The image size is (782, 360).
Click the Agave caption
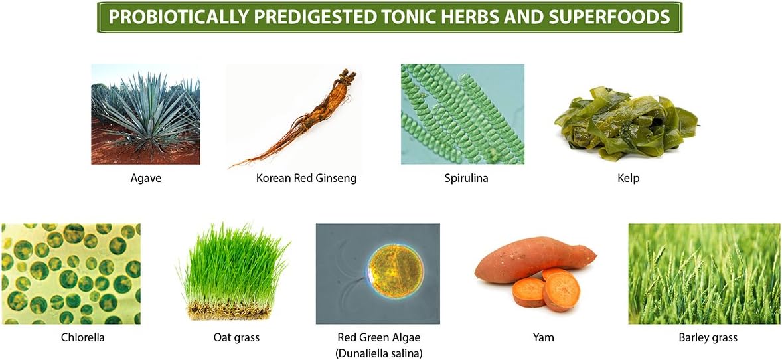pyautogui.click(x=145, y=178)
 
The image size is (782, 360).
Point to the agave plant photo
pyautogui.click(x=145, y=114)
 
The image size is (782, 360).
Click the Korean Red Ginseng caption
pyautogui.click(x=306, y=178)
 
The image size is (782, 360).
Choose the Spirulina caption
pyautogui.click(x=463, y=178)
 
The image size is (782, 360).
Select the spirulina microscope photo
pyautogui.click(x=463, y=114)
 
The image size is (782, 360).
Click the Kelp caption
pyautogui.click(x=627, y=178)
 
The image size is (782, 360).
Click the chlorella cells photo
pyautogui.click(x=71, y=274)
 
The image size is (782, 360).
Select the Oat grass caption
pyautogui.click(x=232, y=337)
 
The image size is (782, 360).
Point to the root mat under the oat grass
pyautogui.click(x=232, y=312)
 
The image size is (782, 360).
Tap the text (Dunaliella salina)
pyautogui.click(x=378, y=353)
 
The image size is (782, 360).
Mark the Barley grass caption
pyautogui.click(x=708, y=337)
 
